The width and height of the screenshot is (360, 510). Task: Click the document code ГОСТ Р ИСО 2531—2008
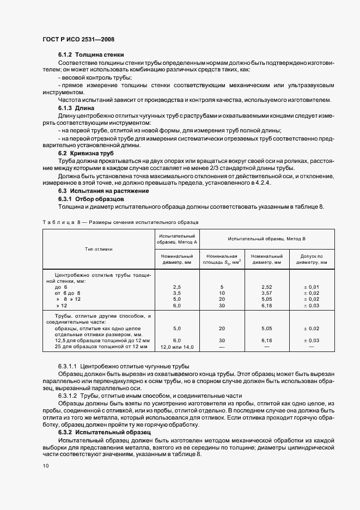[x=78, y=39]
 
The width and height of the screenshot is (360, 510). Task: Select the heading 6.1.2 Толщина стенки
[x=90, y=55]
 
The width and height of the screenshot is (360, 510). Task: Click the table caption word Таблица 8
[x=61, y=222]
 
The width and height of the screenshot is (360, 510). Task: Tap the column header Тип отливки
[x=99, y=249]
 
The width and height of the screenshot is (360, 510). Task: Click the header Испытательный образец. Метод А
[x=176, y=237]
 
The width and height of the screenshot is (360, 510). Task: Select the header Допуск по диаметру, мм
[x=312, y=259]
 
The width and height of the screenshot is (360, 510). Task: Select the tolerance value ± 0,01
[x=312, y=287]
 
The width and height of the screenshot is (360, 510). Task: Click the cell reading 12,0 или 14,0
[x=176, y=347]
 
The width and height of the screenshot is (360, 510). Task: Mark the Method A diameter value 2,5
[x=176, y=287]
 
